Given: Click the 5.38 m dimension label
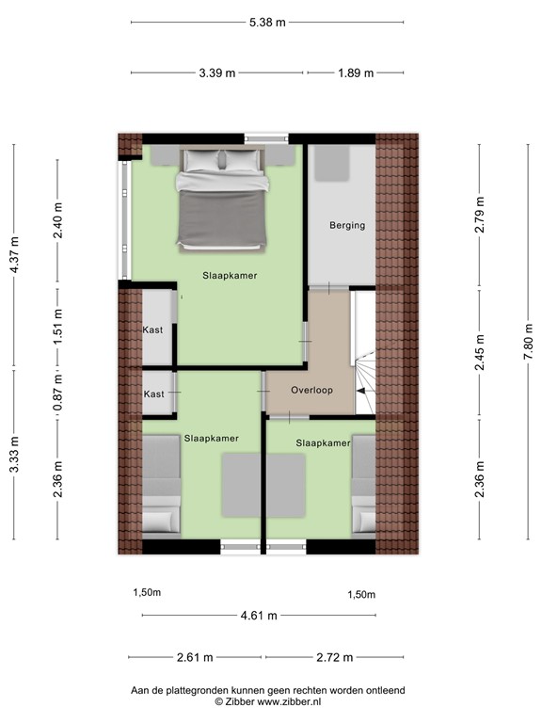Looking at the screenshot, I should click(267, 24).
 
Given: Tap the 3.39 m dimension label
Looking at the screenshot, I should click(216, 73).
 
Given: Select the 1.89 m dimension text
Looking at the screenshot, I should click(356, 73).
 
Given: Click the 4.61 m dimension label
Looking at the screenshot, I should click(258, 616).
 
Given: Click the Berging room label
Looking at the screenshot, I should click(347, 226).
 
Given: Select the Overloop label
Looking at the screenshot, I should click(310, 390).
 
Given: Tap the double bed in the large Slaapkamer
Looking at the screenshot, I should click(222, 200).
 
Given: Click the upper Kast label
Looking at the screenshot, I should click(152, 330).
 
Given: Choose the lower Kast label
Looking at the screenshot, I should click(152, 394).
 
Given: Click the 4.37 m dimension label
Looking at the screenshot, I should click(13, 253).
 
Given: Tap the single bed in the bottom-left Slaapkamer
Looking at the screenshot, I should click(161, 485).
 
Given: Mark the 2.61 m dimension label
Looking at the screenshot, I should click(196, 658).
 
